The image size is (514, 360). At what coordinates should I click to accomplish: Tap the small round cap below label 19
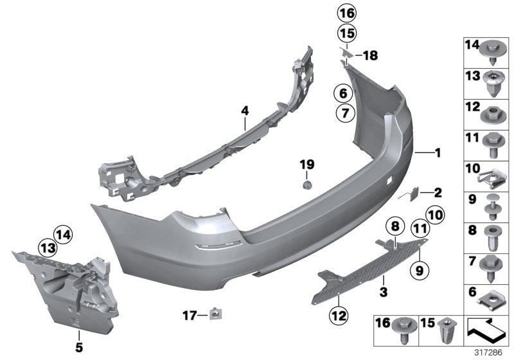coord(307,184)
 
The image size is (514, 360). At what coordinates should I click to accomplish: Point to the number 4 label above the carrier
coord(245,111)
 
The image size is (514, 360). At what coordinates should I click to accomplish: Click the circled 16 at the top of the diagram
coord(346,13)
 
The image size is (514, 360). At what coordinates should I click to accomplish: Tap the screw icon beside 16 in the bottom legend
coord(407,330)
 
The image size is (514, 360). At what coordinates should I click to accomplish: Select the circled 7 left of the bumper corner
coord(343,114)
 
